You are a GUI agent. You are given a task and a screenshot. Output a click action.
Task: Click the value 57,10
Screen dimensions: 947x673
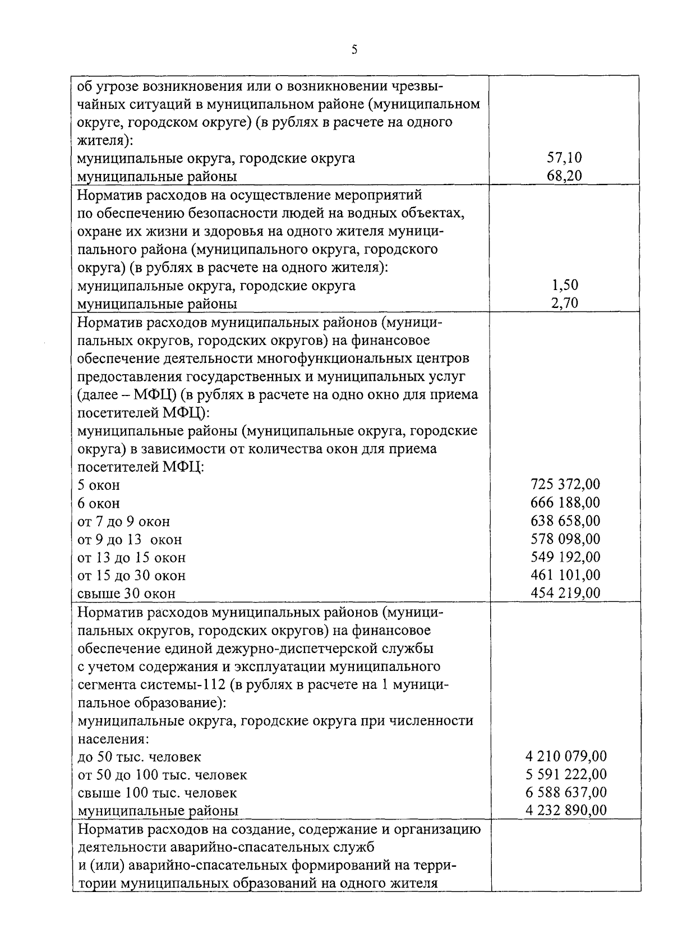[x=565, y=158]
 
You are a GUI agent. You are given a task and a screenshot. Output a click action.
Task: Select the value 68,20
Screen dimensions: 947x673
[x=565, y=176]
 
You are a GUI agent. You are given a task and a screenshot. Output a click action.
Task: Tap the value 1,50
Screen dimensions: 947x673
[x=565, y=285]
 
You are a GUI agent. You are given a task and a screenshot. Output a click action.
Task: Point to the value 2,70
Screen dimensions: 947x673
[x=565, y=303]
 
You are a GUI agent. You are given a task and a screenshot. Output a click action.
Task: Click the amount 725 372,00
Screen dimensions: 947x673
[x=565, y=484]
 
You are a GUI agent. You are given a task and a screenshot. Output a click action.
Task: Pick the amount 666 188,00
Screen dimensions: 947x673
[x=565, y=502]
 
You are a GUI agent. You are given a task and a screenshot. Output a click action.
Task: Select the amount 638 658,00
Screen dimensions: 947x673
[x=565, y=521]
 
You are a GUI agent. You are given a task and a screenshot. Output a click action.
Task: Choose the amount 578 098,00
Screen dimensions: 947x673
[x=565, y=539]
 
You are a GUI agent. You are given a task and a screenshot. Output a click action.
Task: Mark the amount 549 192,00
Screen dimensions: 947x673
[x=565, y=557]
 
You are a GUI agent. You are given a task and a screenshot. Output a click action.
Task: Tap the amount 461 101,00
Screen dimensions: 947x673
[x=565, y=574]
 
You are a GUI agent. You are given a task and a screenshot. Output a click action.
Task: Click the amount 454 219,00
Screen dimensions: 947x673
[x=565, y=592]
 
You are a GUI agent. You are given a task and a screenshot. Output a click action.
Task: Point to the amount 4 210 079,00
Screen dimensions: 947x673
[x=566, y=756]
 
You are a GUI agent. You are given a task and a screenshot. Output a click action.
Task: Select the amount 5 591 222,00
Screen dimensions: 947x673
[x=566, y=774]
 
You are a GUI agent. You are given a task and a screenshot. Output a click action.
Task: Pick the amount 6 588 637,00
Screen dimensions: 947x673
[x=566, y=792]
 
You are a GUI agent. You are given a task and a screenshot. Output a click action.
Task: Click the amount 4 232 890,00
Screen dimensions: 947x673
[x=566, y=810]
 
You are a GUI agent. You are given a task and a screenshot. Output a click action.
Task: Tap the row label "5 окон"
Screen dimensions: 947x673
[x=99, y=485]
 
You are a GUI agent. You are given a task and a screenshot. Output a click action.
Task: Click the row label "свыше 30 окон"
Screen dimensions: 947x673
[x=126, y=594]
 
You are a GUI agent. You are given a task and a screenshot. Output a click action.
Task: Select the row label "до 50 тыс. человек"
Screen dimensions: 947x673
[x=139, y=757]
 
